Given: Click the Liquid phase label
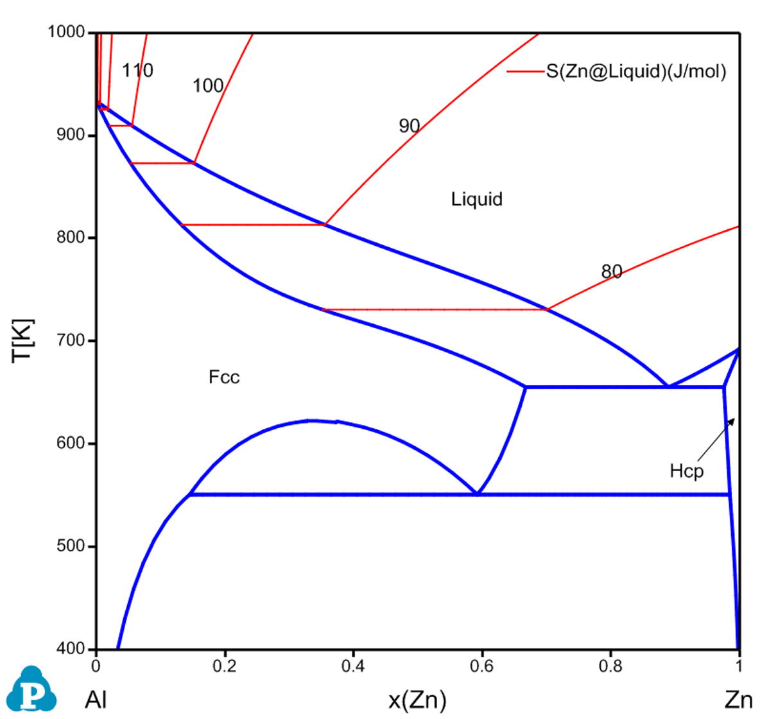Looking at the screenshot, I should [476, 200].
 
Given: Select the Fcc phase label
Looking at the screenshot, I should [224, 377].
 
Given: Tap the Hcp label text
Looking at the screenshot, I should [687, 471].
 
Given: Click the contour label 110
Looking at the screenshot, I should [138, 71].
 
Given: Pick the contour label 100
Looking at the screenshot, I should [208, 85].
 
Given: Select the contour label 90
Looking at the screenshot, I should [409, 126].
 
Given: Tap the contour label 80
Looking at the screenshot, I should [611, 272].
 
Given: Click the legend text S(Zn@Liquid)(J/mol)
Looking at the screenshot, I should [636, 72].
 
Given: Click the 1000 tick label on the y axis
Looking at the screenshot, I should [69, 33].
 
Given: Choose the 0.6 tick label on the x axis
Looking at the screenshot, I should [481, 665].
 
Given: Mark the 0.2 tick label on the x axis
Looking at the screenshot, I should [224, 665].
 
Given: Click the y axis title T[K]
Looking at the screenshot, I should [24, 340].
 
